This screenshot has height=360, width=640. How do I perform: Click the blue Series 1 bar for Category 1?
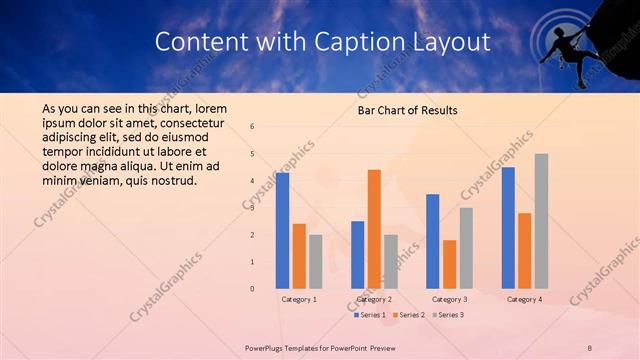[283, 230]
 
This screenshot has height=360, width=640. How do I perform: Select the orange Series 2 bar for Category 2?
[374, 228]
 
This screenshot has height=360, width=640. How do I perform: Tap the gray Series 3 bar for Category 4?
[541, 221]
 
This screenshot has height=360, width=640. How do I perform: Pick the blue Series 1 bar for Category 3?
[433, 241]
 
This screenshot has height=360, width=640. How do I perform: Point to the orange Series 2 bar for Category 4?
[525, 250]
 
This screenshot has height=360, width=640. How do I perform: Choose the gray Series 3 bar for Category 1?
[315, 261]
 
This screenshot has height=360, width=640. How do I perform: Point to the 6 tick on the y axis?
[252, 127]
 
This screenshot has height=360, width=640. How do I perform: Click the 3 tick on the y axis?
[252, 208]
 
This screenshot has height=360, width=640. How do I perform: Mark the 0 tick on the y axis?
[252, 289]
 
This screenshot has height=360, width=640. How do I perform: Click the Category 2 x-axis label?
[374, 299]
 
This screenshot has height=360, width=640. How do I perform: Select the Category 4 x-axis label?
[525, 299]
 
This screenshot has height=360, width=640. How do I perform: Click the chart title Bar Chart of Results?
[408, 111]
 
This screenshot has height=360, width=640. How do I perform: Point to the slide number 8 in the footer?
[590, 348]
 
